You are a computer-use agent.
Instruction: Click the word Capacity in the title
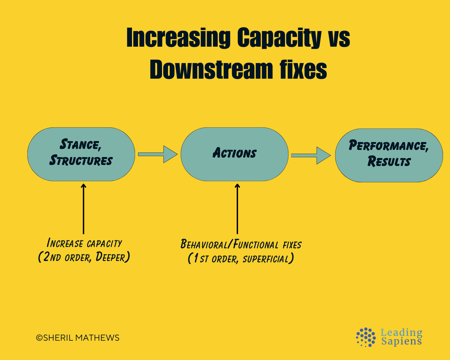pyautogui.click(x=279, y=38)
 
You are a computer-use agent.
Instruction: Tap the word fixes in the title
pyautogui.click(x=303, y=70)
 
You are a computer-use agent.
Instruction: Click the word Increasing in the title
pyautogui.click(x=178, y=38)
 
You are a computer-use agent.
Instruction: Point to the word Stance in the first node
pyautogui.click(x=80, y=145)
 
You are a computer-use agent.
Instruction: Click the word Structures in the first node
pyautogui.click(x=81, y=161)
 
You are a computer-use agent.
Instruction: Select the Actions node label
pyautogui.click(x=235, y=153)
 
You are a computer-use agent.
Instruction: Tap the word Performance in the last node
pyautogui.click(x=388, y=146)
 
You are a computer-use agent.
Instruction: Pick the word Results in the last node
pyautogui.click(x=389, y=162)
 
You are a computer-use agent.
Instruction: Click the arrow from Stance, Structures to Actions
pyautogui.click(x=157, y=154)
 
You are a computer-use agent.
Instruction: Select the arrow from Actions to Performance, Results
pyautogui.click(x=311, y=155)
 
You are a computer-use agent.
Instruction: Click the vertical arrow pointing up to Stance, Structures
pyautogui.click(x=83, y=208)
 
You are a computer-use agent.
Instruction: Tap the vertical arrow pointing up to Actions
pyautogui.click(x=237, y=208)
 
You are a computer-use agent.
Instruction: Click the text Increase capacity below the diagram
pyautogui.click(x=84, y=243)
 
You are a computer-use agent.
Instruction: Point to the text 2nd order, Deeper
pyautogui.click(x=84, y=257)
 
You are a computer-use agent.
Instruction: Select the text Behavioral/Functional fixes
pyautogui.click(x=241, y=245)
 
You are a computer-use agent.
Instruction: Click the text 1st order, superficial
pyautogui.click(x=241, y=259)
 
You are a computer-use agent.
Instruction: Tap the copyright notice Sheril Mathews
pyautogui.click(x=78, y=338)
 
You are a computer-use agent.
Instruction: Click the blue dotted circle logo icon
pyautogui.click(x=366, y=337)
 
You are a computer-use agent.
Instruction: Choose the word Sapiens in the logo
pyautogui.click(x=401, y=341)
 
